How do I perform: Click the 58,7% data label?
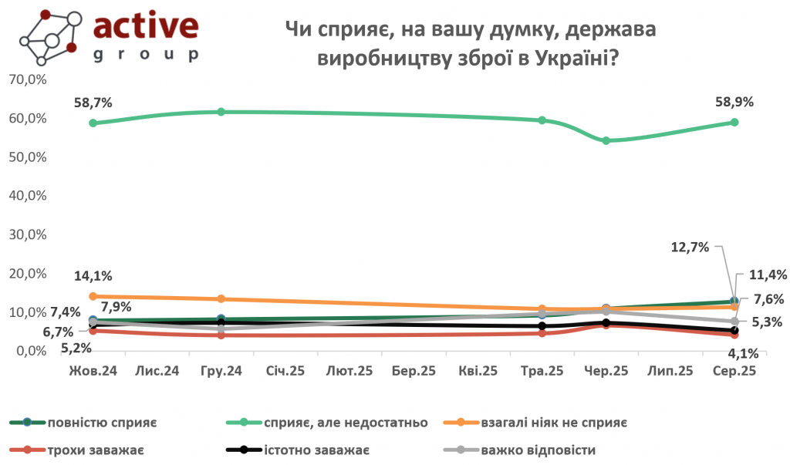pos(94,103)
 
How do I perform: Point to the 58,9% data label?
pos(734,102)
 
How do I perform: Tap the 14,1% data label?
pos(94,276)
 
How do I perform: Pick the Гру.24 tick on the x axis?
pos(221,372)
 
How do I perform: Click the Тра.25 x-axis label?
pos(542,372)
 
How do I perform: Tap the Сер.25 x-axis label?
pos(733,372)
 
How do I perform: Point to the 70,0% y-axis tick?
pos(27,79)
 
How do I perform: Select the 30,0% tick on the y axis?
pos(27,235)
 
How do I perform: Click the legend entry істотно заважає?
pos(317,450)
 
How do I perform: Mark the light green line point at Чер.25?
pos(606,140)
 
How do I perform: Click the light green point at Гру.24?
pos(221,112)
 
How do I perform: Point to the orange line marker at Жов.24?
pos(93,296)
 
